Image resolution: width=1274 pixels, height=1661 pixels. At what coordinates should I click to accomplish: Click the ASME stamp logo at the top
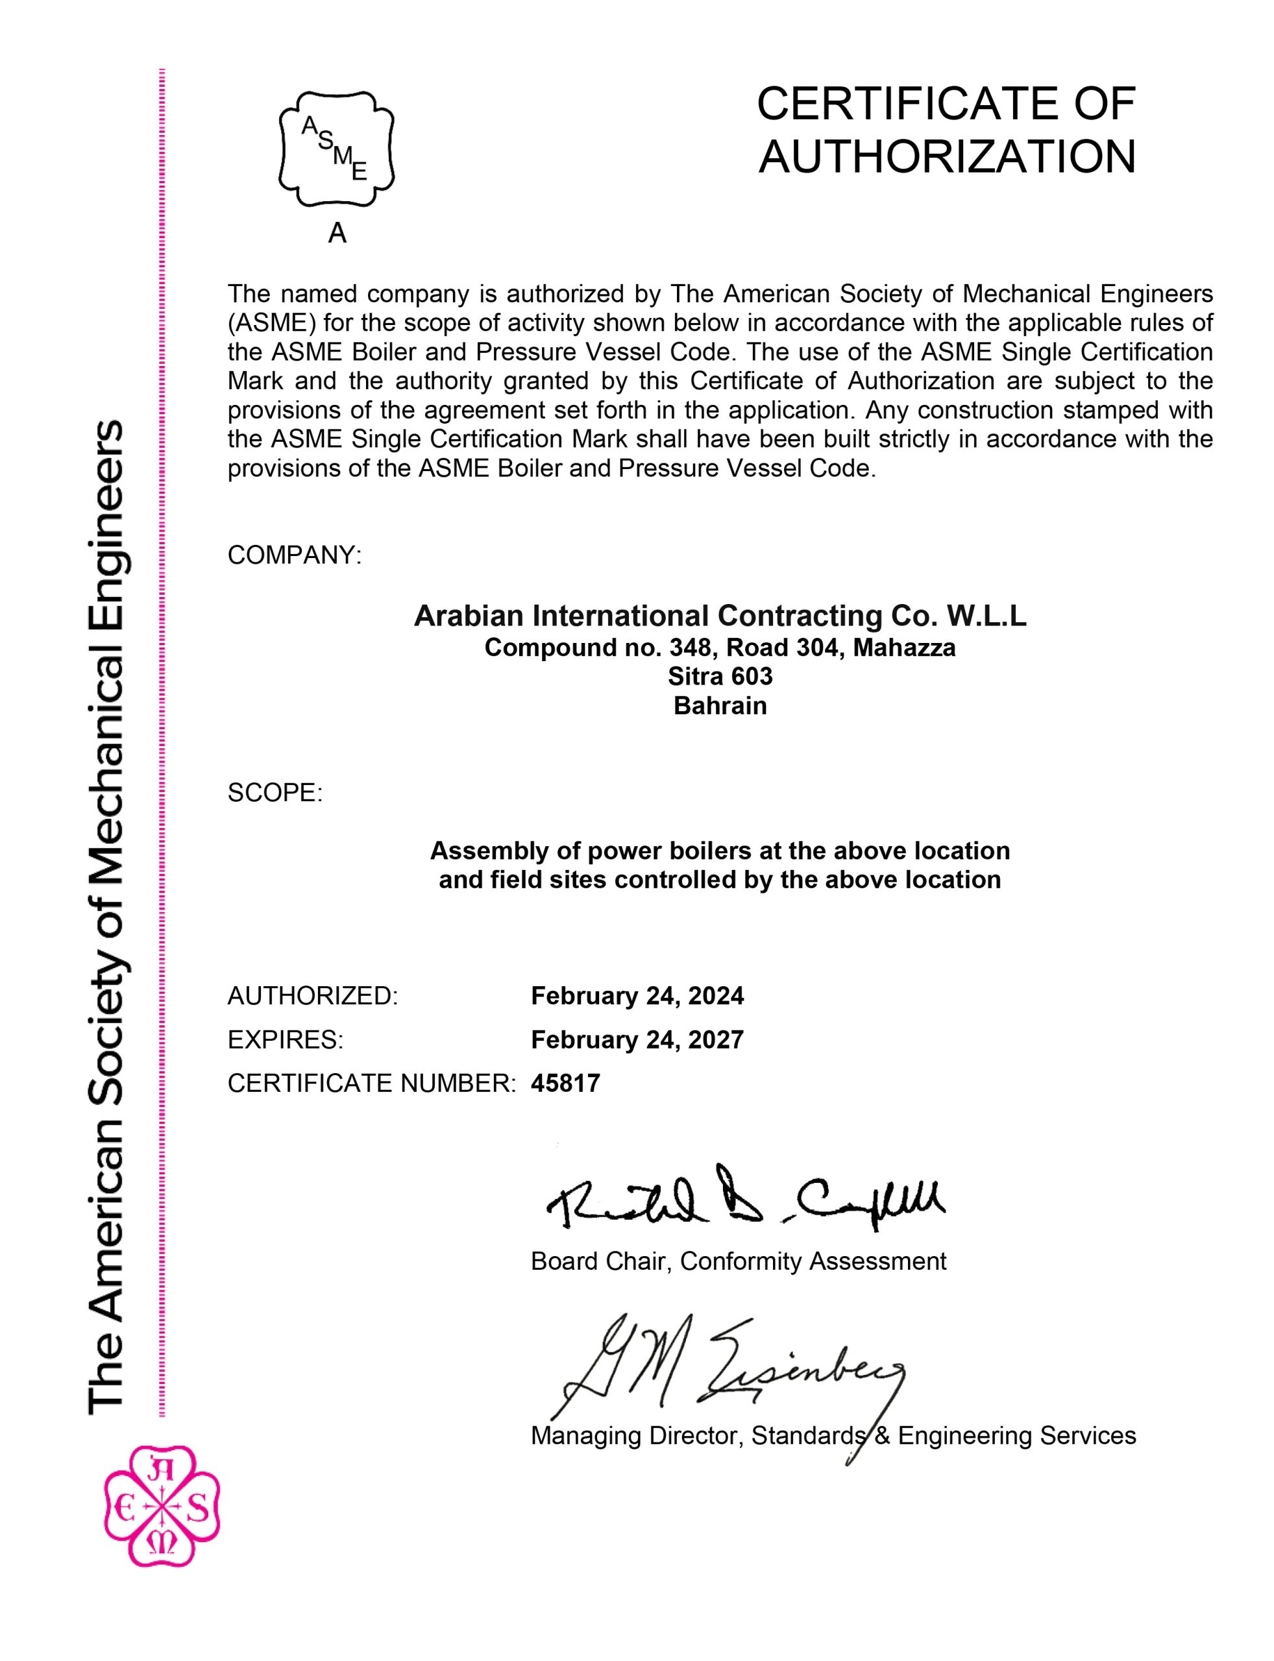click(x=337, y=149)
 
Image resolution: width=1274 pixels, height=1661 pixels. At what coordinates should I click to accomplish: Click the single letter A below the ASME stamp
click(x=337, y=234)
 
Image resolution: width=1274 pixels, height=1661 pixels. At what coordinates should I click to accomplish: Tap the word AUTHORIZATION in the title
click(x=947, y=157)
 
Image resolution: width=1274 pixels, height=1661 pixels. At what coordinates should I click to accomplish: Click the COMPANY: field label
click(x=294, y=555)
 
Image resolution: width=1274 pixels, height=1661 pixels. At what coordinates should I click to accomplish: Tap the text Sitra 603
click(x=720, y=675)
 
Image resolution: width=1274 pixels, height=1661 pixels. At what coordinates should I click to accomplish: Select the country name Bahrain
click(x=720, y=706)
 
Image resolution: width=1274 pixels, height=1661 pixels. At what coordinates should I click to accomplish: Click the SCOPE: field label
click(x=275, y=793)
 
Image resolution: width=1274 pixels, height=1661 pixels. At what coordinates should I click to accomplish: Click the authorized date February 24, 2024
click(x=637, y=995)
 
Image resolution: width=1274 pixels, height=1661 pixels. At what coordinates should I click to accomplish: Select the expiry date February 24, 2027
click(x=637, y=1039)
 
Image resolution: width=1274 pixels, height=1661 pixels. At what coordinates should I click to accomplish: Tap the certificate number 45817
click(x=565, y=1084)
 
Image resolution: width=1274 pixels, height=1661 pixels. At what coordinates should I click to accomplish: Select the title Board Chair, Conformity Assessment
click(x=738, y=1261)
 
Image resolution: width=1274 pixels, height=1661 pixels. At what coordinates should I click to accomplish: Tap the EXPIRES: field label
click(x=285, y=1039)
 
